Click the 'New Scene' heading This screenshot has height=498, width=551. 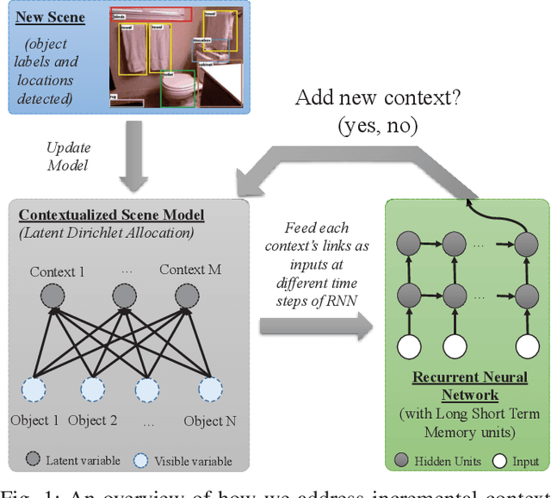pos(53,16)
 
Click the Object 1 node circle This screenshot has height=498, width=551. pos(34,389)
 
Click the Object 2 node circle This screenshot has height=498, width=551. pos(92,389)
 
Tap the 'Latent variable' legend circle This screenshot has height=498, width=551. pos(34,461)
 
